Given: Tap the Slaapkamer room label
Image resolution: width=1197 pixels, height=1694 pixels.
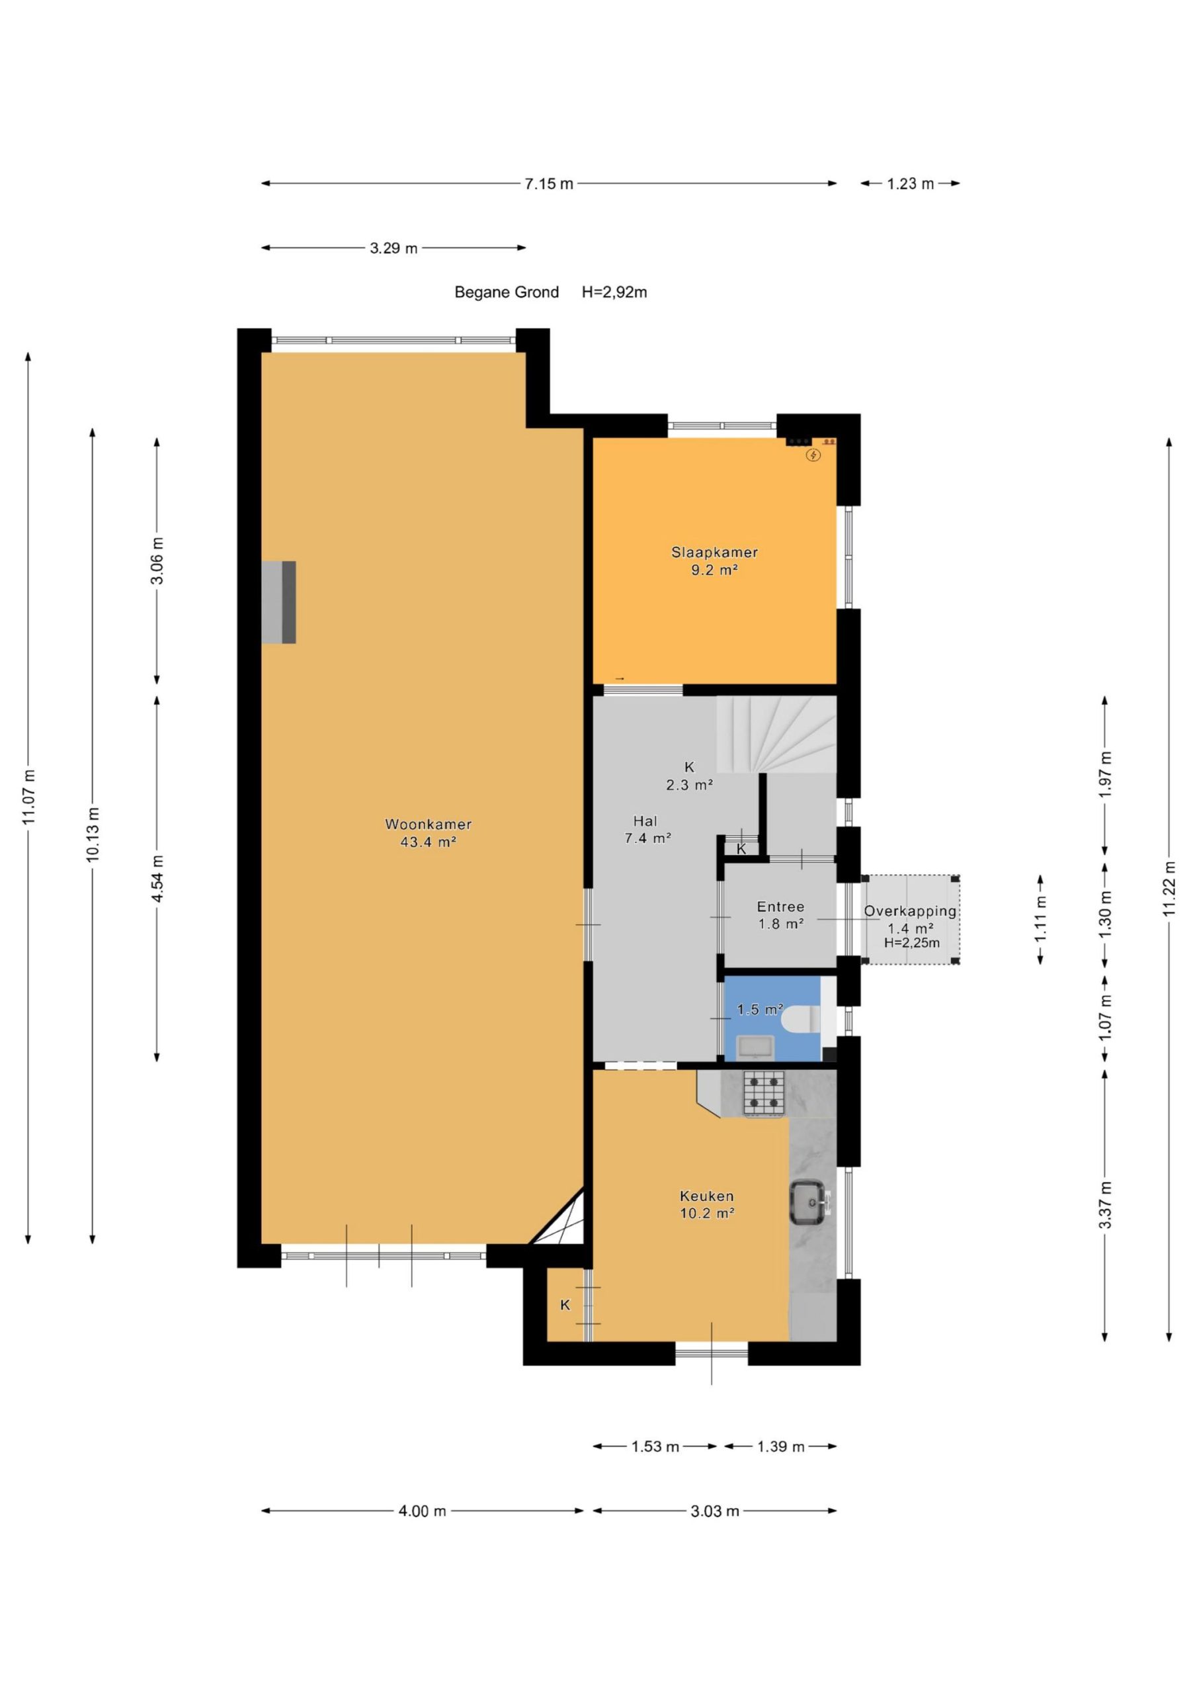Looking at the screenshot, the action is click(714, 552).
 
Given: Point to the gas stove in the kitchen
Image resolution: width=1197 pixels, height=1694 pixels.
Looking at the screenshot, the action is click(763, 1092).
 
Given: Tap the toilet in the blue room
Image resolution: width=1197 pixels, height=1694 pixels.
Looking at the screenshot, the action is click(800, 1018).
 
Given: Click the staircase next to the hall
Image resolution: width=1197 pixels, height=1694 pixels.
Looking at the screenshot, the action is click(776, 735).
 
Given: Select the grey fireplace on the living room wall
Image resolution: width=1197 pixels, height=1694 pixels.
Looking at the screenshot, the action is click(279, 602).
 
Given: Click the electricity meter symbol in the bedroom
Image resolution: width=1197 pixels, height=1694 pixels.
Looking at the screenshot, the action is click(813, 455).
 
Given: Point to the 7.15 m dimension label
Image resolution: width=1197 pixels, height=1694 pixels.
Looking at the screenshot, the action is click(549, 184).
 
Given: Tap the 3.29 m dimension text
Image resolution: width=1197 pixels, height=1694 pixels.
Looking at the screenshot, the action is click(394, 248).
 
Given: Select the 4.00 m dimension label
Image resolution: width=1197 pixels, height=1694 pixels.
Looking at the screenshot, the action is click(423, 1511).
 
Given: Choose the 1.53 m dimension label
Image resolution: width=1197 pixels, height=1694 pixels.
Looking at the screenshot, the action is click(655, 1447).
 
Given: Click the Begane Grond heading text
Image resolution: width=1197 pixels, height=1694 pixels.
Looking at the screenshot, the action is click(507, 292).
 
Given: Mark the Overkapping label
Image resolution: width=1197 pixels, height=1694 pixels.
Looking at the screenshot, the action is click(910, 911).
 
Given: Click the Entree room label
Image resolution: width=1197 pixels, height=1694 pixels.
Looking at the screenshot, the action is click(780, 907).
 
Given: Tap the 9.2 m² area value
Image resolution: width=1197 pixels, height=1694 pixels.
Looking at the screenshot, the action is click(714, 570).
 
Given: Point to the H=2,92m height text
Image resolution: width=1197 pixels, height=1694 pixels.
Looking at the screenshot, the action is click(614, 292).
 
